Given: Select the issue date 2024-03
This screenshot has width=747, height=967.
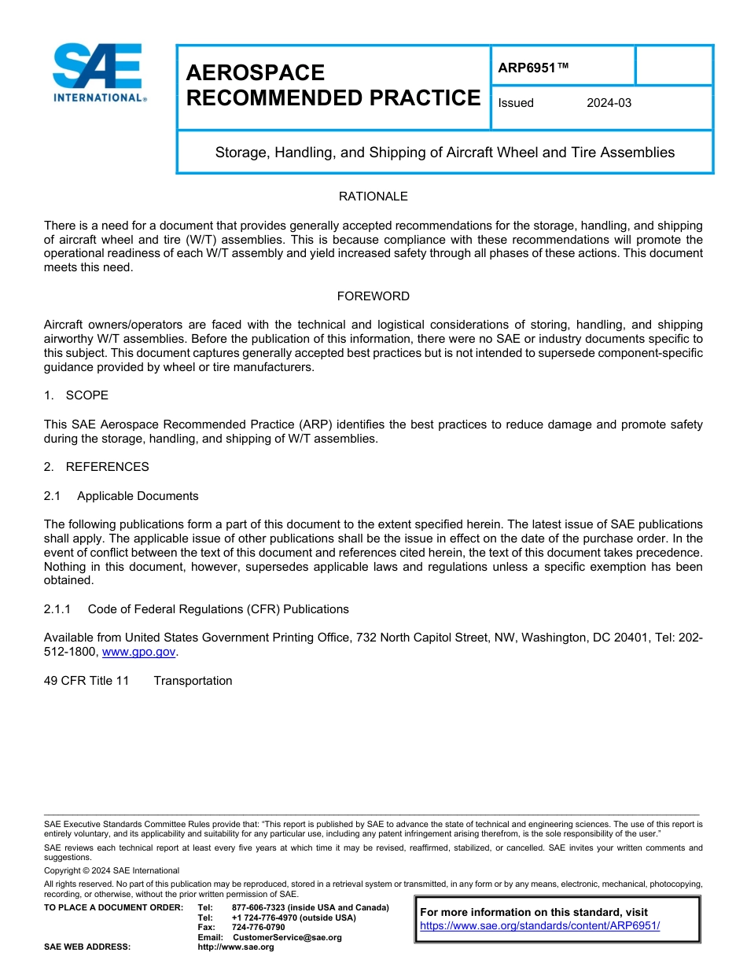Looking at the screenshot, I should pos(609,103).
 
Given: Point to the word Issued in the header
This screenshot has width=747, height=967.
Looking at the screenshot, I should pos(516,103).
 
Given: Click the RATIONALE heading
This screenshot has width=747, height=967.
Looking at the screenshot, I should pos(373,196).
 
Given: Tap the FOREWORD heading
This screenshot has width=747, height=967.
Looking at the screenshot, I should pos(373,296).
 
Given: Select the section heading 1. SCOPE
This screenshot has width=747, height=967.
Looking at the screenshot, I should pos(76,395).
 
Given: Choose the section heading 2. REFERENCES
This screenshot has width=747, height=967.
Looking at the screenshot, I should pos(96,466).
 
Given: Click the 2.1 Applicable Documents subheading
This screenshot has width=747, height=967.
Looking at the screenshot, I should pos(121,496).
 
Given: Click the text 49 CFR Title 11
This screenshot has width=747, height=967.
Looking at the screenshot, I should pos(86,681).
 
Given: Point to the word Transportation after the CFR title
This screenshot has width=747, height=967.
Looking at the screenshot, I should pos(193,681).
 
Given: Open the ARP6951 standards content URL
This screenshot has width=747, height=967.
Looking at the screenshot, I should pos(540,925).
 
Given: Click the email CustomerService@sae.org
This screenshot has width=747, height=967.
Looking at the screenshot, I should pos(287,937).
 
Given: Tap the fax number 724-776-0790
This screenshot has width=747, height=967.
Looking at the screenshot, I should pos(259,927).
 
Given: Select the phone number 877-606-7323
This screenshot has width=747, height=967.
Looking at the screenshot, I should pos(259,907).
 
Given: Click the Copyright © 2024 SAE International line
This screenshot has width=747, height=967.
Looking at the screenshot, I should pos(112,870).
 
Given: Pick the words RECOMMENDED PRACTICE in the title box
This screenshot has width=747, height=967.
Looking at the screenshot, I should pos(333,97).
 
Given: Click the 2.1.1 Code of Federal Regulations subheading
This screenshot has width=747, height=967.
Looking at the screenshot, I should pos(197,609).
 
